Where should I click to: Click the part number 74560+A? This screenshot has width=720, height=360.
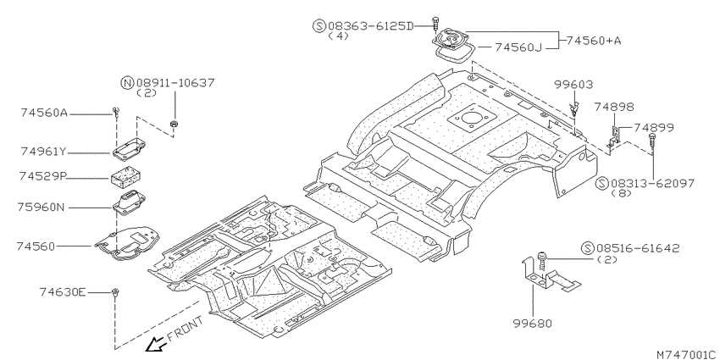(x=593, y=41)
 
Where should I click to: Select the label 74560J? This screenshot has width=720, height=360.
(x=518, y=47)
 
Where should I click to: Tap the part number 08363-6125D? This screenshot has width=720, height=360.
(x=370, y=25)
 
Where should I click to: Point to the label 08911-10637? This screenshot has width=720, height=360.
(x=175, y=83)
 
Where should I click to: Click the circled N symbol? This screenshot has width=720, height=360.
(x=127, y=83)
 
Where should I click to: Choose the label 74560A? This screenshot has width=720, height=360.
(x=44, y=113)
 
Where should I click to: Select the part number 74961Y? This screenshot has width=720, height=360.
(x=43, y=151)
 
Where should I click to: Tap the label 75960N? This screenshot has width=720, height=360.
(x=42, y=208)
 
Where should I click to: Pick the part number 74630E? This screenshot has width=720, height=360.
(x=63, y=292)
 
